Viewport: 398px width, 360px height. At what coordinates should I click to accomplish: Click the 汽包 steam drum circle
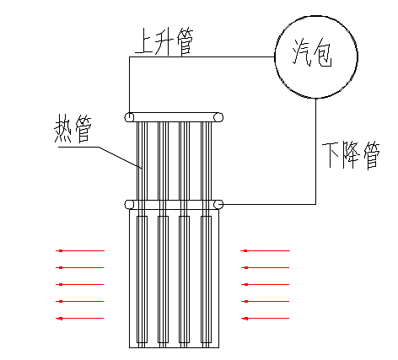coord(316,16)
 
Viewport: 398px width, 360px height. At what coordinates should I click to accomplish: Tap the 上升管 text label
coord(164,41)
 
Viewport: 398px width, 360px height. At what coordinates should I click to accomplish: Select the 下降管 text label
coord(351,155)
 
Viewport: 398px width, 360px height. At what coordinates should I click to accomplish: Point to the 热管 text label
coord(73,128)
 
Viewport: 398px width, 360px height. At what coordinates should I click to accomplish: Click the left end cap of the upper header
coord(129,117)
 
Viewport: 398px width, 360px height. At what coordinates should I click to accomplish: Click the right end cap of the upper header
coord(218,117)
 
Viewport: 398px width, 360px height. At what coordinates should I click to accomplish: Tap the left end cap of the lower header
coord(129,204)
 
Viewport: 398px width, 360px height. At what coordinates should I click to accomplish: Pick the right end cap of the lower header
coord(218,204)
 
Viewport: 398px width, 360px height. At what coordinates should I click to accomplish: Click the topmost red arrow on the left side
coord(80,250)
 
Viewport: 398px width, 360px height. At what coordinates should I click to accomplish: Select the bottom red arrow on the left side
coord(80,319)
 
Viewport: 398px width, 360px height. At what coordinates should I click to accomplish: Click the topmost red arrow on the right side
coord(265,250)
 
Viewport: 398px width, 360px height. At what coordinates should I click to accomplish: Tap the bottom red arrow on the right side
coord(265,319)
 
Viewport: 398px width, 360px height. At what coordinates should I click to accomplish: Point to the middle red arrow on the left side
coord(80,284)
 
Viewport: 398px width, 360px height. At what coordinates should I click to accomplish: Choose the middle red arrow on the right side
coord(265,284)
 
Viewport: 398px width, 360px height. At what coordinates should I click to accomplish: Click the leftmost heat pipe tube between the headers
coord(142,161)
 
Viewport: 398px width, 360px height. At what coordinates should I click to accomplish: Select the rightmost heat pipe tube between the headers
coord(206,161)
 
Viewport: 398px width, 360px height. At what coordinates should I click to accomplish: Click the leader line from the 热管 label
coord(99,158)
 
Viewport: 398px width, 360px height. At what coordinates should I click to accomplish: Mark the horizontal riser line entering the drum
coord(202,56)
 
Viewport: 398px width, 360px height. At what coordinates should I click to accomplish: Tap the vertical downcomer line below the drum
coord(315,152)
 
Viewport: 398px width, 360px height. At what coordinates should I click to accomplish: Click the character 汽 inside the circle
coord(300,52)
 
